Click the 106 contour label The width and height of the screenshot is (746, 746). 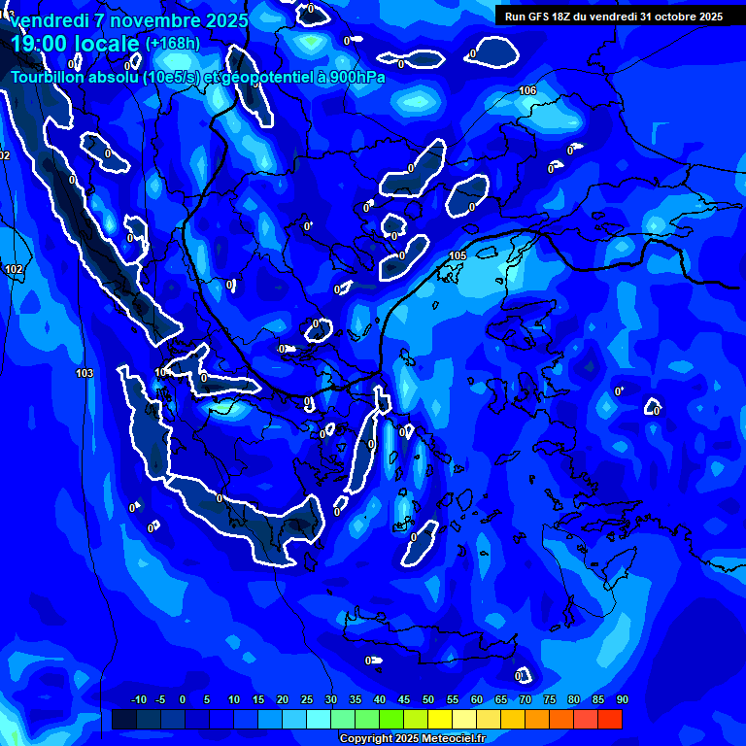pos(527,90)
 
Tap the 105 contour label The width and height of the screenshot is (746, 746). pos(458,255)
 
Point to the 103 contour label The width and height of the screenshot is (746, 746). pos(85,373)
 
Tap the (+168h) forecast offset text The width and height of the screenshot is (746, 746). pos(173,44)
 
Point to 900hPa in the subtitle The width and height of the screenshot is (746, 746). pos(356,77)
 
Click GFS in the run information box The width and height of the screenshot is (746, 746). pos(540,17)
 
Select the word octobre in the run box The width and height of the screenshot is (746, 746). pos(669,17)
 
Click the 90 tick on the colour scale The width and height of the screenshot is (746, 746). pos(622,699)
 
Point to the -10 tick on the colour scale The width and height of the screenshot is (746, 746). pos(138,699)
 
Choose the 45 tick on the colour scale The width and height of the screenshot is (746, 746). pos(404,699)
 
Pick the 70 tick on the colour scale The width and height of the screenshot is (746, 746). pos(526,699)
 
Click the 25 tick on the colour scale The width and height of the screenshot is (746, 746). pos(307,699)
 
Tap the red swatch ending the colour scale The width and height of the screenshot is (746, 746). pos(610,719)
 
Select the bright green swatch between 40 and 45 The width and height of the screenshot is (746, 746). pos(391,719)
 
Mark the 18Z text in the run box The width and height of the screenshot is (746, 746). pos(564,17)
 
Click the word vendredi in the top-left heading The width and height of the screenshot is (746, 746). pos(45,20)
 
